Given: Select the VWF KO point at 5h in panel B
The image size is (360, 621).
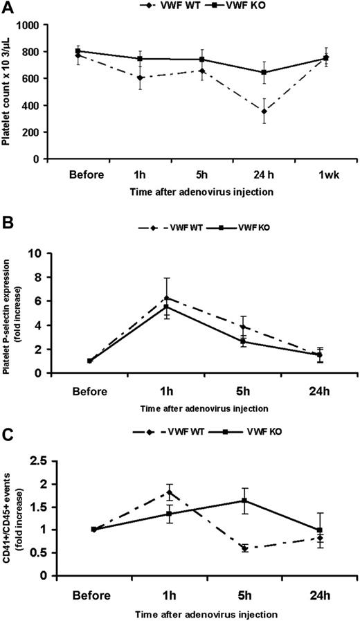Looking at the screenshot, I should pos(243,341).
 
